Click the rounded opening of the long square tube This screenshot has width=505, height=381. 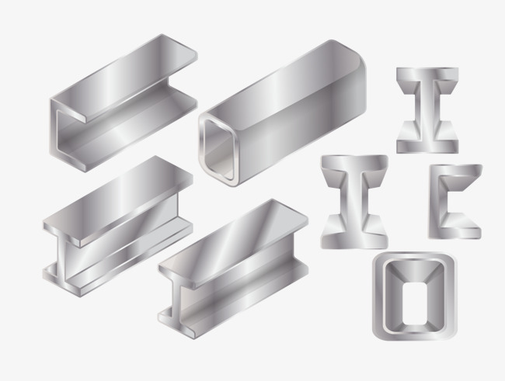click(219, 145)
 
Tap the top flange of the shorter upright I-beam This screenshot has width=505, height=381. click(427, 76)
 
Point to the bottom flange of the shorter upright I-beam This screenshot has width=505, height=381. click(427, 144)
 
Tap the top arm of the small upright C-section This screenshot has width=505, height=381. click(458, 172)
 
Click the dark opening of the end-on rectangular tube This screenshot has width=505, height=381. click(413, 299)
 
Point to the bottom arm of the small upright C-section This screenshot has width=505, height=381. click(458, 230)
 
